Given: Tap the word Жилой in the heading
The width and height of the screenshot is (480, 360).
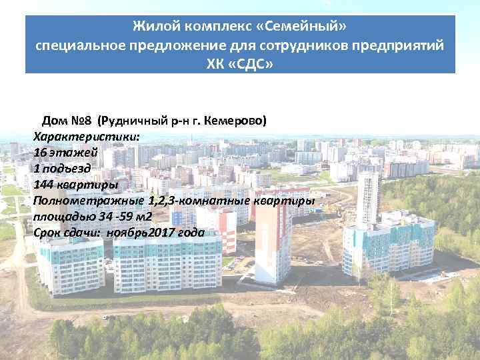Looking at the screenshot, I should pos(151,27).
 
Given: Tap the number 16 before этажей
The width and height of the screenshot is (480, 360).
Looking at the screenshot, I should pos(40,152).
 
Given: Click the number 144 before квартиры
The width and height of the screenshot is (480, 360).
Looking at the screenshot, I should pos(44,184).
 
